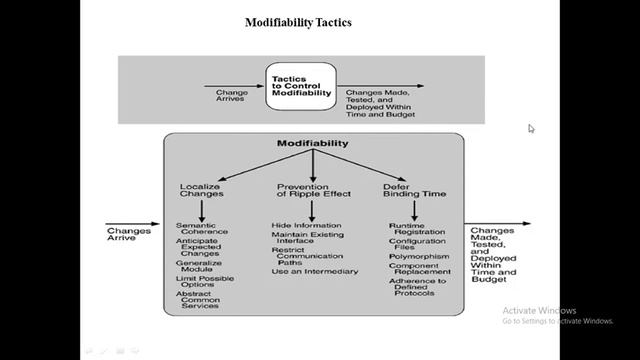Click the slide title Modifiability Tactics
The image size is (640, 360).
tap(297, 22)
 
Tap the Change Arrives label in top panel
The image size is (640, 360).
tap(232, 96)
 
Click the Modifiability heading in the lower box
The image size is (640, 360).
tap(312, 144)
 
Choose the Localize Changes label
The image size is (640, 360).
tap(201, 190)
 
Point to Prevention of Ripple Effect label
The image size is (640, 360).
tap(309, 190)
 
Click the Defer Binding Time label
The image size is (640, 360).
tap(415, 190)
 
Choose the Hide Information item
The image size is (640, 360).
tap(305, 226)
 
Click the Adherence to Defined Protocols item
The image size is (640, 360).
tap(417, 290)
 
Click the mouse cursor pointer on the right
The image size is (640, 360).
tap(531, 127)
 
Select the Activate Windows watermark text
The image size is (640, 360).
tap(541, 309)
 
